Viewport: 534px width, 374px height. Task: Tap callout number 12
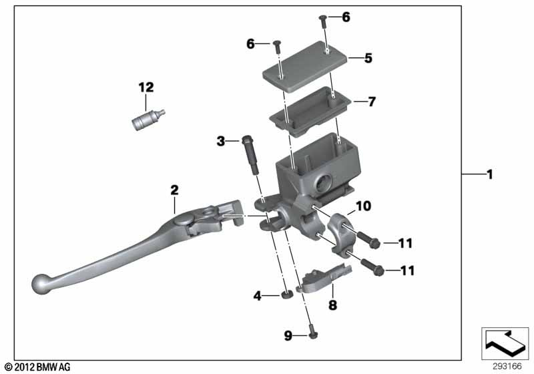click(146, 87)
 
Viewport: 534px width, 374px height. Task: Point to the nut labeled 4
click(288, 295)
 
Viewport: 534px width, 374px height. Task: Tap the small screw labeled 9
click(312, 333)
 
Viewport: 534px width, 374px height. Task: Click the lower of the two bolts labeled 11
click(372, 267)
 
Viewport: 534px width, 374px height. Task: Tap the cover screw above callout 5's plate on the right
click(323, 21)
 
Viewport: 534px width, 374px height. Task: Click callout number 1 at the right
click(490, 175)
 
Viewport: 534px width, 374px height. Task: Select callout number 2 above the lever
click(174, 190)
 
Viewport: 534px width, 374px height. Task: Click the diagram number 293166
click(507, 367)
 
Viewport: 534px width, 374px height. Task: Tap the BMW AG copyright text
click(37, 367)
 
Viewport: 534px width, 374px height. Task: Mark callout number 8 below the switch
click(332, 305)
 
